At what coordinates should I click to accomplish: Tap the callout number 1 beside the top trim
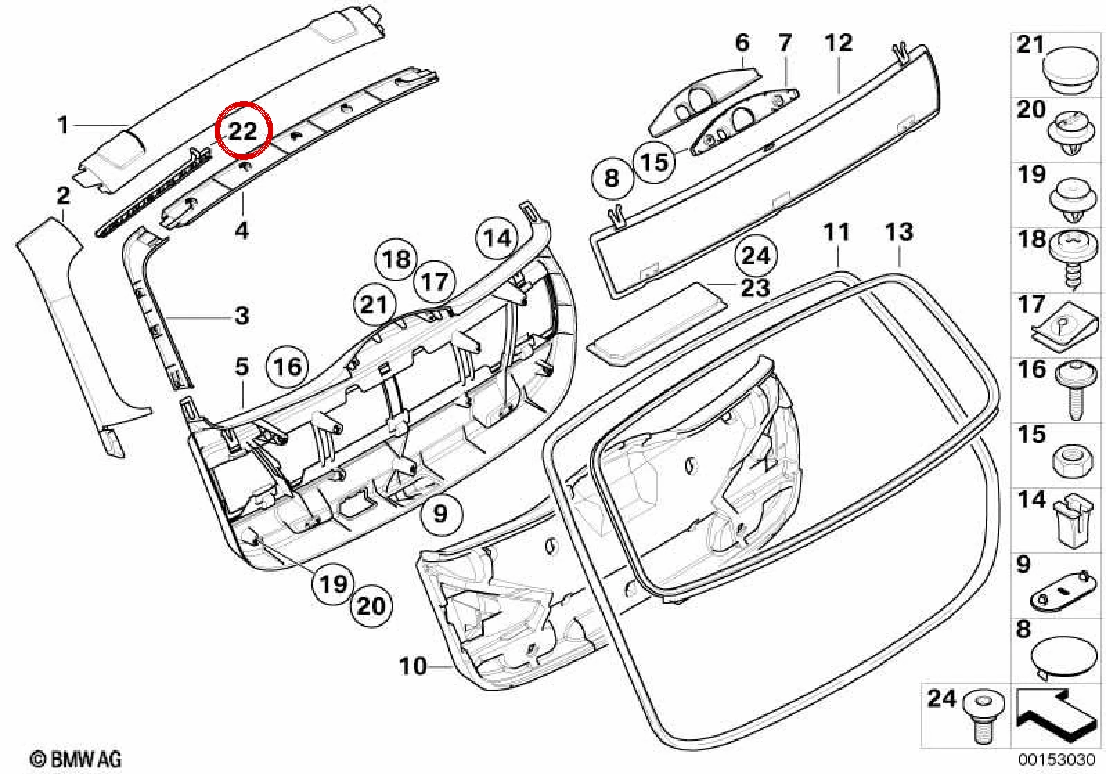[x=63, y=125]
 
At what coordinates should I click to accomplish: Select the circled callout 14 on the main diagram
[x=497, y=239]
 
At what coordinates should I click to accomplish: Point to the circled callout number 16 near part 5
[x=287, y=366]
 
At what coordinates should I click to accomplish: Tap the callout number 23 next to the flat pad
[x=755, y=288]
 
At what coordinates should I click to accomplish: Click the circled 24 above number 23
[x=756, y=256]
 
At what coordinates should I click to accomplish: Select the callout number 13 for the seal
[x=899, y=232]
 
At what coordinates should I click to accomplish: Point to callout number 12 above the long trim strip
[x=838, y=43]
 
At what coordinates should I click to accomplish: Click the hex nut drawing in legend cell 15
[x=1071, y=464]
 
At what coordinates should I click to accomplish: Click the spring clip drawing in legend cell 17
[x=1066, y=327]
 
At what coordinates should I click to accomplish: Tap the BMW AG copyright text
[x=76, y=759]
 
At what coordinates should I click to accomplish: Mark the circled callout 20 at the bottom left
[x=371, y=606]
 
